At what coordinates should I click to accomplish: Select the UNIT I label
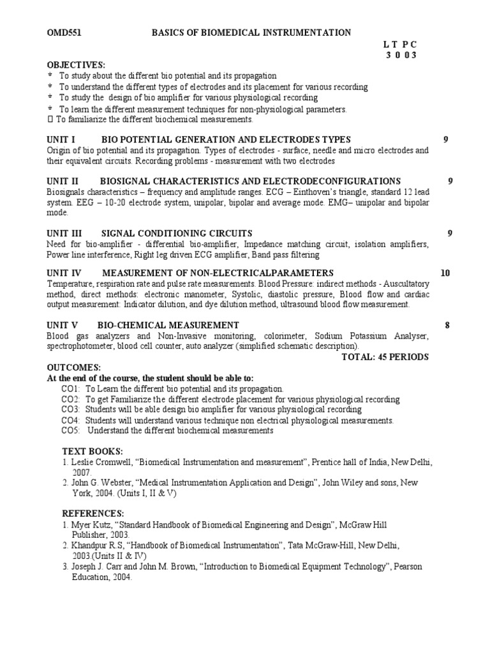pos(61,140)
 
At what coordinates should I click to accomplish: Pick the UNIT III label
pos(64,233)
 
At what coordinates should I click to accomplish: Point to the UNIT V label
pos(63,325)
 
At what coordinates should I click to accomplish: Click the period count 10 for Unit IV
pos(445,273)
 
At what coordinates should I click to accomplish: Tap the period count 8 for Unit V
pos(447,325)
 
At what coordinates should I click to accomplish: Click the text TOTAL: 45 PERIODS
pos(385,356)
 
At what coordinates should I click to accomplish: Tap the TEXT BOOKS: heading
pos(92,451)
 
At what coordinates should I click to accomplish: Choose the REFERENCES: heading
pos(93,513)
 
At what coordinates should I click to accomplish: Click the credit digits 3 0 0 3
pos(401,55)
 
